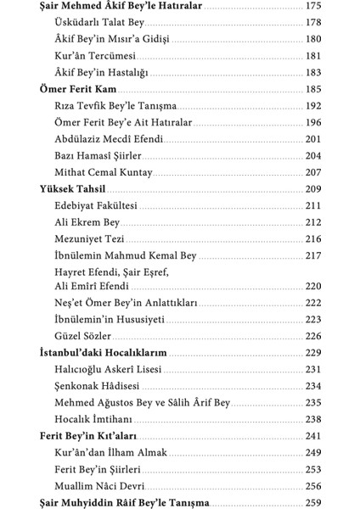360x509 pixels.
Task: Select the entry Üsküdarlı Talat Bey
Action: [x=98, y=24]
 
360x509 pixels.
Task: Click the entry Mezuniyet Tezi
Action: [x=88, y=238]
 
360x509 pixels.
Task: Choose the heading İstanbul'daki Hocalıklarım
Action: [x=103, y=352]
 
